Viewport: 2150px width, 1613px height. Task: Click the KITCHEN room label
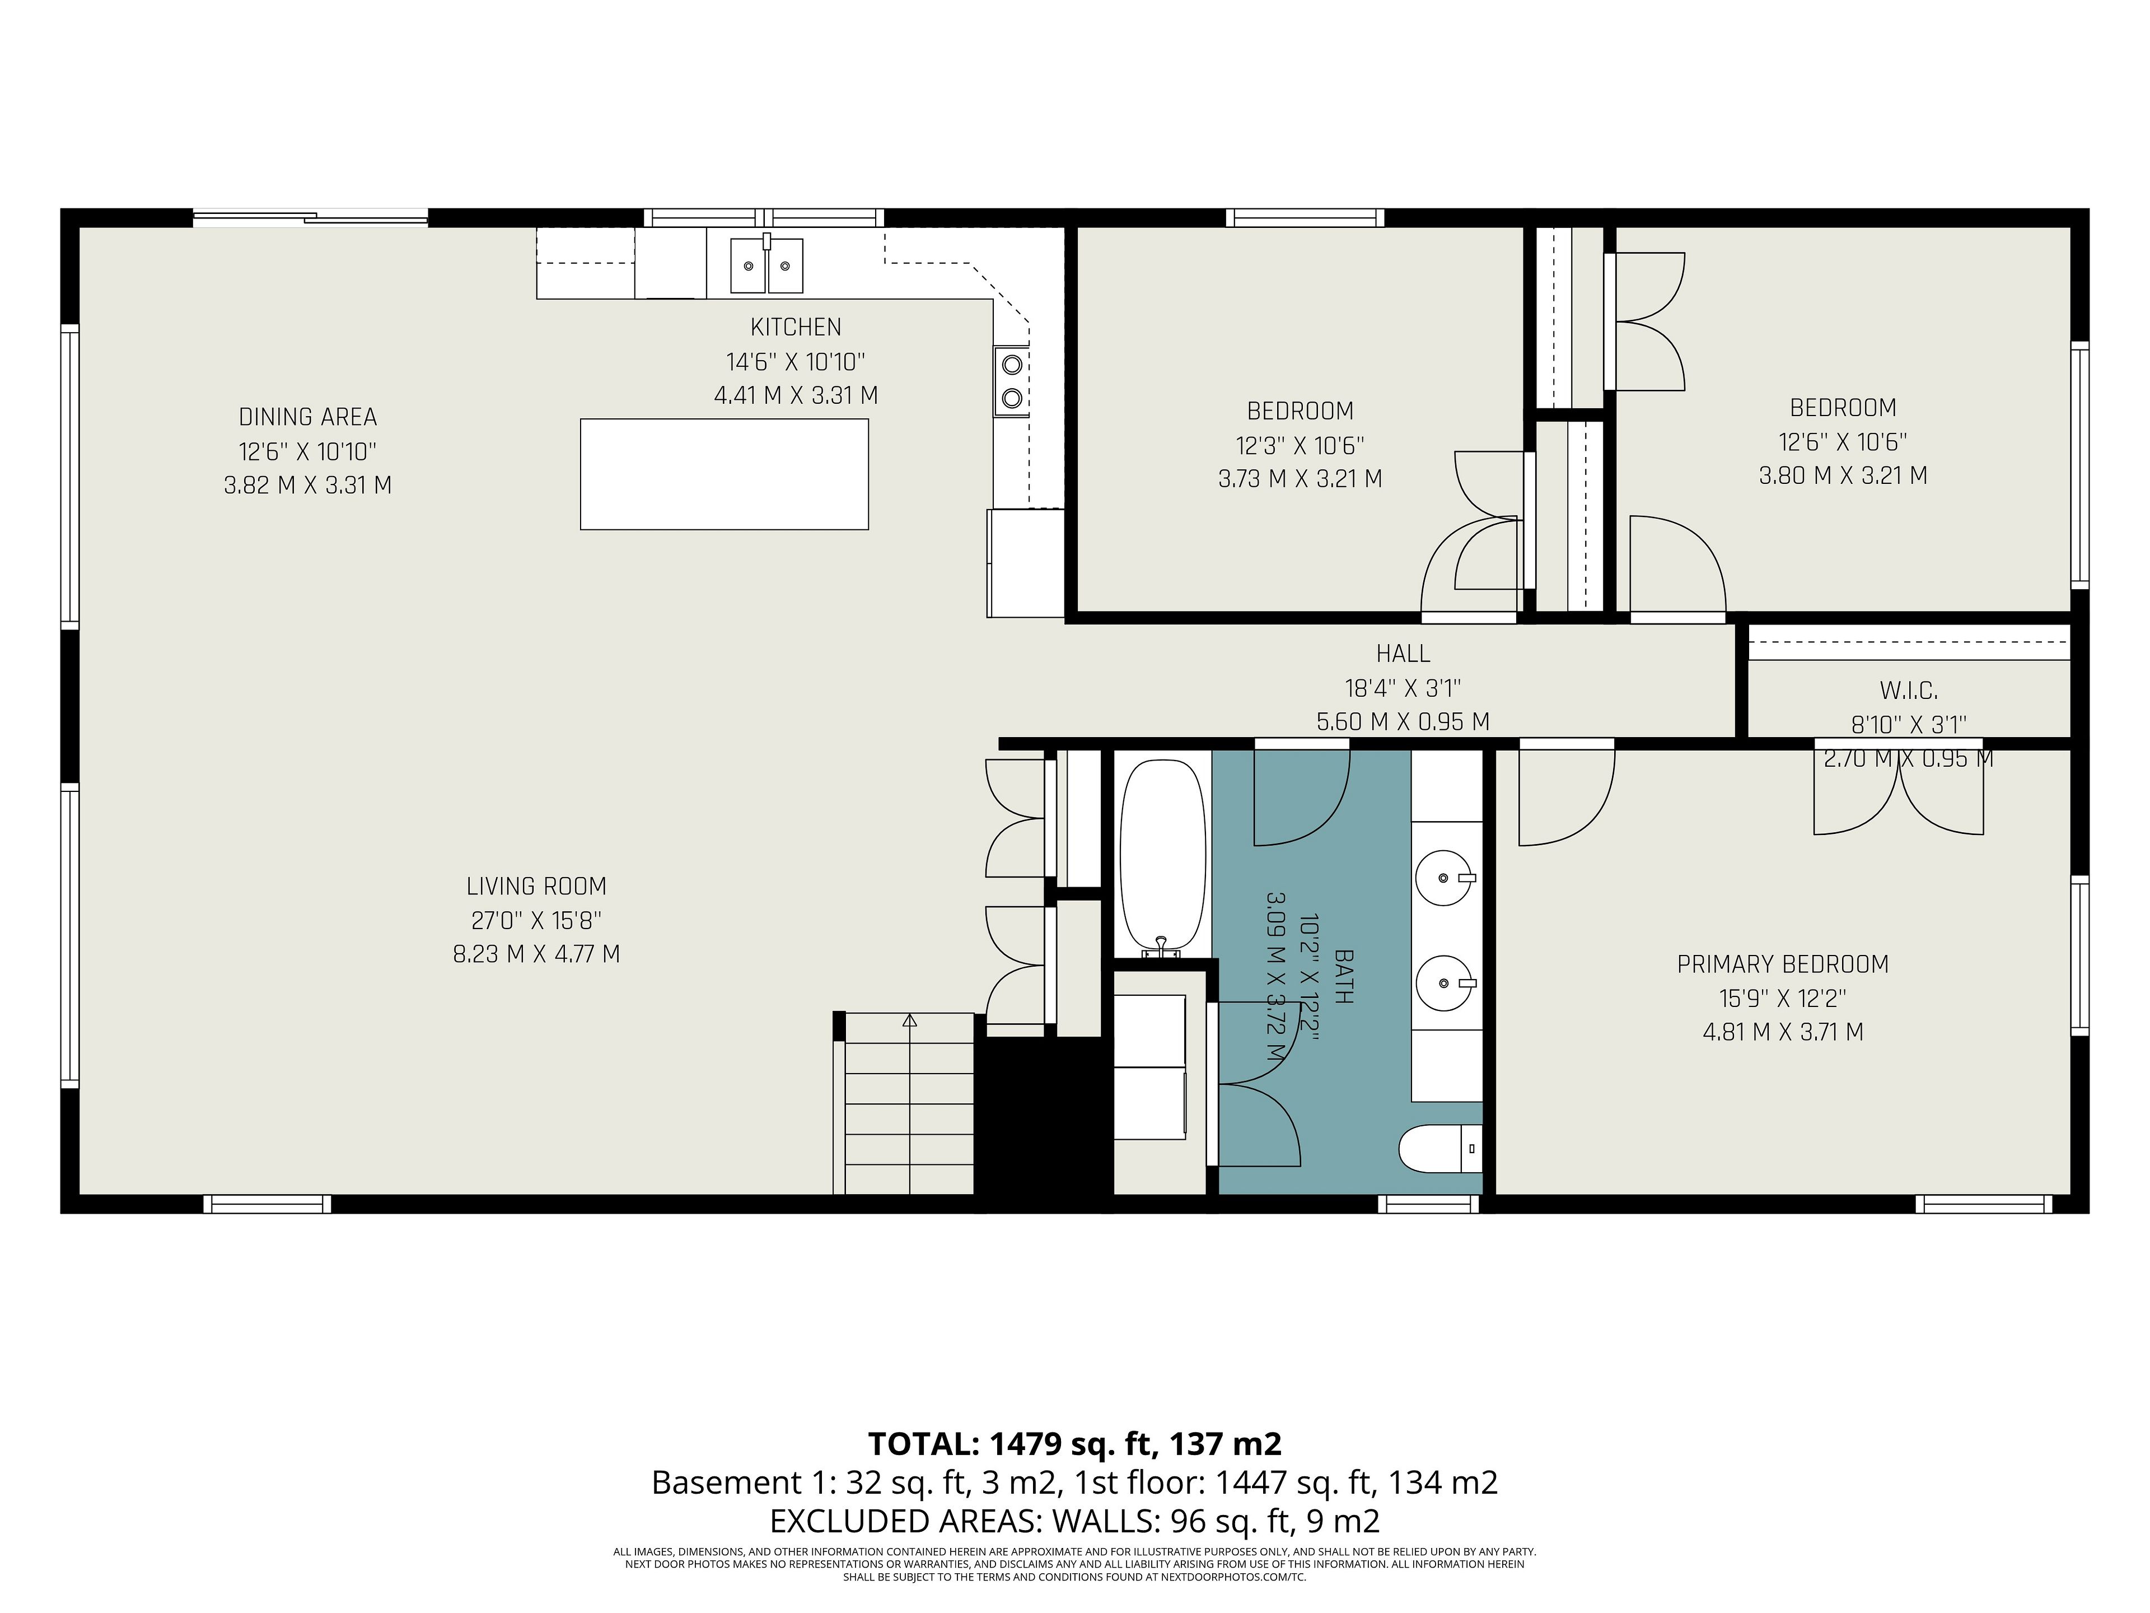(795, 328)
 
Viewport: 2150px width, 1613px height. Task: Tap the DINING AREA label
(308, 417)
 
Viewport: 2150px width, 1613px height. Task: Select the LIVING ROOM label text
(536, 887)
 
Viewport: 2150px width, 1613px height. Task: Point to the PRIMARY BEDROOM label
(1783, 964)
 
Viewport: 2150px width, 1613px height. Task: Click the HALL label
(1403, 654)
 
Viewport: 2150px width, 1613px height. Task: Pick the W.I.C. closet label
(1909, 691)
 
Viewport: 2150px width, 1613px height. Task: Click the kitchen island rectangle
(724, 474)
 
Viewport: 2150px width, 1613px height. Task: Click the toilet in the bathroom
(1441, 1149)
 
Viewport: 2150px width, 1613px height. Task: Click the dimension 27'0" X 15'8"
(536, 921)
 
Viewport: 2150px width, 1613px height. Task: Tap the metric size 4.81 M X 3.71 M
(1783, 1033)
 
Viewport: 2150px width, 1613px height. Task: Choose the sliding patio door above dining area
(310, 218)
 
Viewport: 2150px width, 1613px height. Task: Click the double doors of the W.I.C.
(1898, 790)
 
